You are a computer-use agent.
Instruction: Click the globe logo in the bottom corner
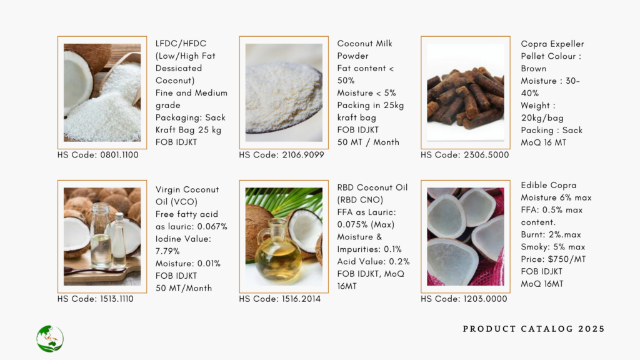pyautogui.click(x=50, y=338)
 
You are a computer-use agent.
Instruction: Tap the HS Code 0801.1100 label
pyautogui.click(x=98, y=155)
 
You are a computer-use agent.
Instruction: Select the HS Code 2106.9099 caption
pyautogui.click(x=282, y=155)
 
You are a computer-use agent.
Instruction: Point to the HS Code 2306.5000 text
pyautogui.click(x=465, y=155)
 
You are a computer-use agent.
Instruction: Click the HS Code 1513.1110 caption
pyautogui.click(x=96, y=299)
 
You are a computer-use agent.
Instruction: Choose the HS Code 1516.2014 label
pyautogui.click(x=280, y=299)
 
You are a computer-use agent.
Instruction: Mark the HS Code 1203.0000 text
pyautogui.click(x=464, y=299)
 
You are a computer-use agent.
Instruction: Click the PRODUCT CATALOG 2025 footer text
pyautogui.click(x=534, y=329)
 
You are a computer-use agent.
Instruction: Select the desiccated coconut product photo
pyautogui.click(x=102, y=92)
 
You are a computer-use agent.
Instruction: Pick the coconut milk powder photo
pyautogui.click(x=284, y=92)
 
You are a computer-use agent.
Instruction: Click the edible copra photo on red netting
pyautogui.click(x=465, y=237)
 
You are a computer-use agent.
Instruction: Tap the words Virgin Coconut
pyautogui.click(x=187, y=190)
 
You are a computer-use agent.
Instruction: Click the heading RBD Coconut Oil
pyautogui.click(x=372, y=187)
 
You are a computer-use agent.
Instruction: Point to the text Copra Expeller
pyautogui.click(x=552, y=44)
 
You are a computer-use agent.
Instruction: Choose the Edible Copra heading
pyautogui.click(x=549, y=185)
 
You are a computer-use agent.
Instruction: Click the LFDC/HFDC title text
pyautogui.click(x=181, y=44)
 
